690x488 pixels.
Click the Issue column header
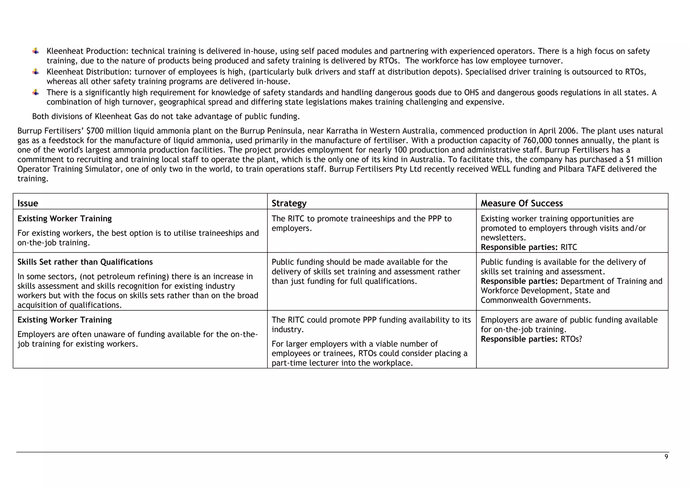coord(28,203)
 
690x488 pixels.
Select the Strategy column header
coord(289,203)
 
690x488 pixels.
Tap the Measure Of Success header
coord(521,203)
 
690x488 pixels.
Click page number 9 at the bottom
coord(666,457)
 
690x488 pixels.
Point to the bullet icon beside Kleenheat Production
coord(36,51)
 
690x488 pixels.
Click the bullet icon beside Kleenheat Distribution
coord(36,72)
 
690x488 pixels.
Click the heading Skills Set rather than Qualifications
coord(85,262)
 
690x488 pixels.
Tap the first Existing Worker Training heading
coord(64,218)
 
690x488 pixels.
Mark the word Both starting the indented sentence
coord(40,116)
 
